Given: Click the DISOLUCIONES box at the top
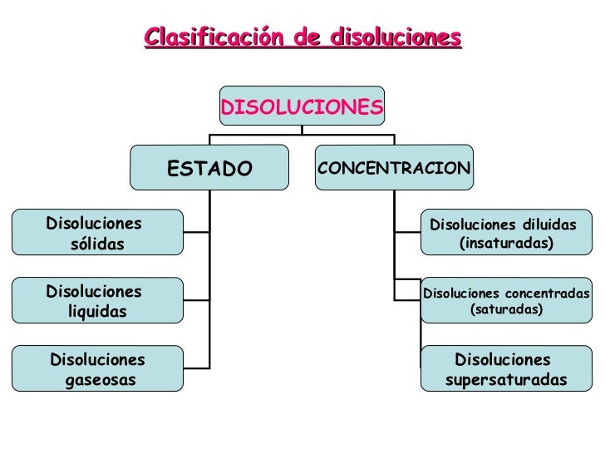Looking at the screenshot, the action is pyautogui.click(x=302, y=107).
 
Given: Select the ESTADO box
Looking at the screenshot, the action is pyautogui.click(x=209, y=169).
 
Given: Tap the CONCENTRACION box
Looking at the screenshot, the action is pyautogui.click(x=394, y=169).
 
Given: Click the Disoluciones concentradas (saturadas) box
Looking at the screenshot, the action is pyautogui.click(x=505, y=300).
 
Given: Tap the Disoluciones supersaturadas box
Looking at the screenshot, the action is pyautogui.click(x=505, y=369).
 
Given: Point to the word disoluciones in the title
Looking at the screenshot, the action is pyautogui.click(x=395, y=38).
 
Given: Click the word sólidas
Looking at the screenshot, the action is pyautogui.click(x=97, y=244).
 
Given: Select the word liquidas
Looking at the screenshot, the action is pyautogui.click(x=97, y=312).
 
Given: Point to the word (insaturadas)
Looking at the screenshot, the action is pyautogui.click(x=505, y=243).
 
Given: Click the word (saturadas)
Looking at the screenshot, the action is pyautogui.click(x=506, y=309).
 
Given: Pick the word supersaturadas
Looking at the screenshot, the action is pyautogui.click(x=506, y=380).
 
